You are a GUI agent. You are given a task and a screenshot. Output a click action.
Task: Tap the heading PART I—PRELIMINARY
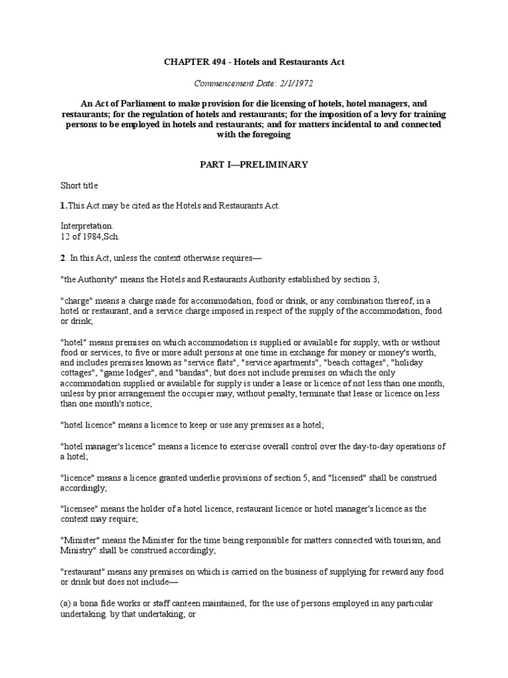[x=253, y=165]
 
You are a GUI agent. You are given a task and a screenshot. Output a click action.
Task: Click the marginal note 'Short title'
[x=79, y=185]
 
